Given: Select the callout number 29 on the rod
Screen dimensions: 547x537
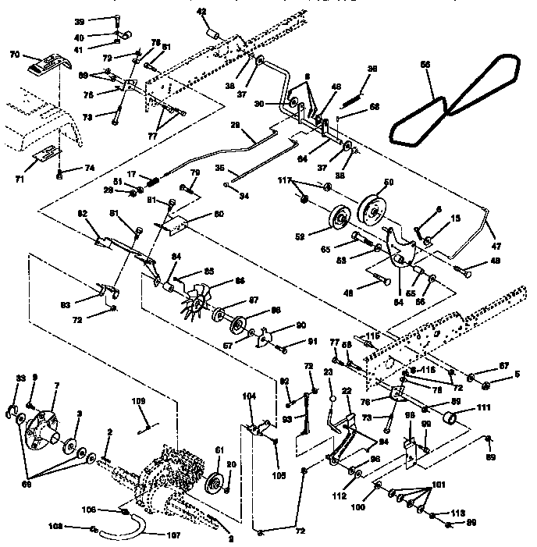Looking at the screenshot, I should tap(235, 126).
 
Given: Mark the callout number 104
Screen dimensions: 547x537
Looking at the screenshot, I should tap(249, 396).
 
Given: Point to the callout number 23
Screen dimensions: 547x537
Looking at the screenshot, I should tap(329, 374).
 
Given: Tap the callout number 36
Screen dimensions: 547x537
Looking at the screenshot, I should tap(372, 69).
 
